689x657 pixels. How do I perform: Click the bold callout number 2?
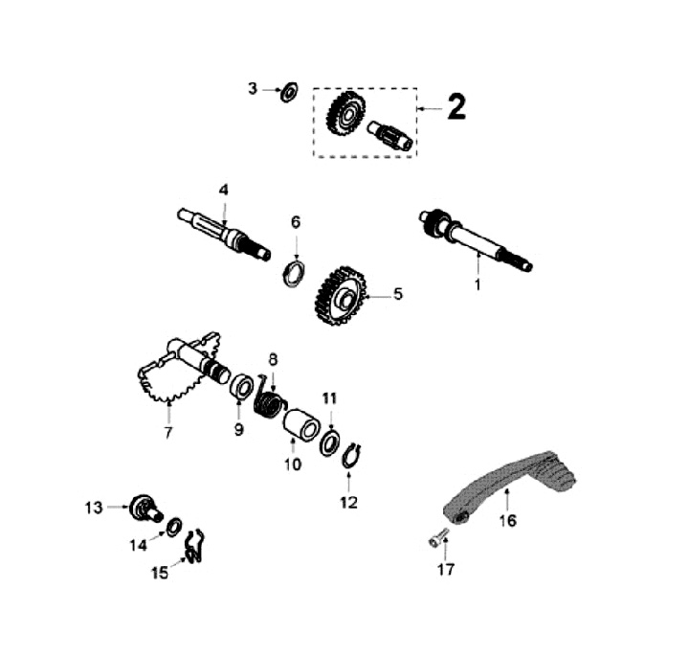pyautogui.click(x=456, y=108)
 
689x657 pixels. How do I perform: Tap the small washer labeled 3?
pyautogui.click(x=285, y=92)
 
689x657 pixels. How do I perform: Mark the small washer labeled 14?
pyautogui.click(x=175, y=528)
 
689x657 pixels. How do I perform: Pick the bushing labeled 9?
pyautogui.click(x=242, y=389)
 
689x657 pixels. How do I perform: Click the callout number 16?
pyautogui.click(x=507, y=520)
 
